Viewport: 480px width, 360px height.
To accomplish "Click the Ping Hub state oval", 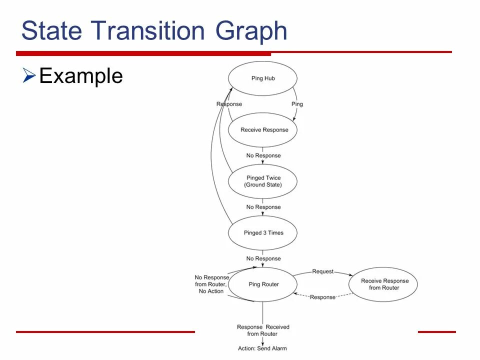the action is tap(262, 78).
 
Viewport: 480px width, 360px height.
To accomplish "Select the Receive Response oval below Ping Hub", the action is tap(262, 130).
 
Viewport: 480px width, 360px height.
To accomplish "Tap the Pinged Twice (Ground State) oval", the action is tap(262, 181).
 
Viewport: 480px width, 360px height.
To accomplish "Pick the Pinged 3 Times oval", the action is tap(262, 232).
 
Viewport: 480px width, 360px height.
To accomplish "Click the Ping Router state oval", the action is tap(263, 284).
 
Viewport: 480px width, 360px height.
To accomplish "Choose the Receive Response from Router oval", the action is tap(384, 284).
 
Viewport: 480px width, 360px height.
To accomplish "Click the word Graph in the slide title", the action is tap(251, 31).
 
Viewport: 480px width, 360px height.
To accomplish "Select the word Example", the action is tap(81, 76).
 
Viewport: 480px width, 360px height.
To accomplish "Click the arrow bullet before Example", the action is tap(28, 76).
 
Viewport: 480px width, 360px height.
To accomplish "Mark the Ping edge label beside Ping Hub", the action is tap(297, 104).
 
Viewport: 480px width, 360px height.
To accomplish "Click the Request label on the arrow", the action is tap(322, 271).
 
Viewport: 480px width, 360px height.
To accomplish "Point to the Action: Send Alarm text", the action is tap(262, 348).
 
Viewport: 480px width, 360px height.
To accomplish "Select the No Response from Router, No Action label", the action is tap(212, 284).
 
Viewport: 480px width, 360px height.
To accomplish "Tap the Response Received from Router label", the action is tap(262, 330).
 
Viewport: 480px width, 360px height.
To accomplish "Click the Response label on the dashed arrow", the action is tap(322, 297).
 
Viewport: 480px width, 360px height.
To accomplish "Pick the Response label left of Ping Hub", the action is tap(229, 104).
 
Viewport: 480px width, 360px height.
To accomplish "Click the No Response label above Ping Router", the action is tap(263, 258).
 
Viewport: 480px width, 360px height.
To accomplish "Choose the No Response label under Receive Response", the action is tap(263, 155).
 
